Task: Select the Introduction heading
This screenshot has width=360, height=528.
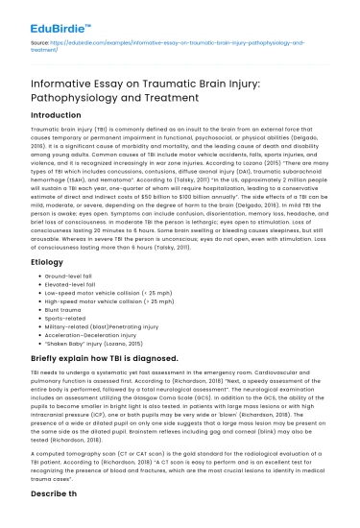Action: (60, 114)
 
